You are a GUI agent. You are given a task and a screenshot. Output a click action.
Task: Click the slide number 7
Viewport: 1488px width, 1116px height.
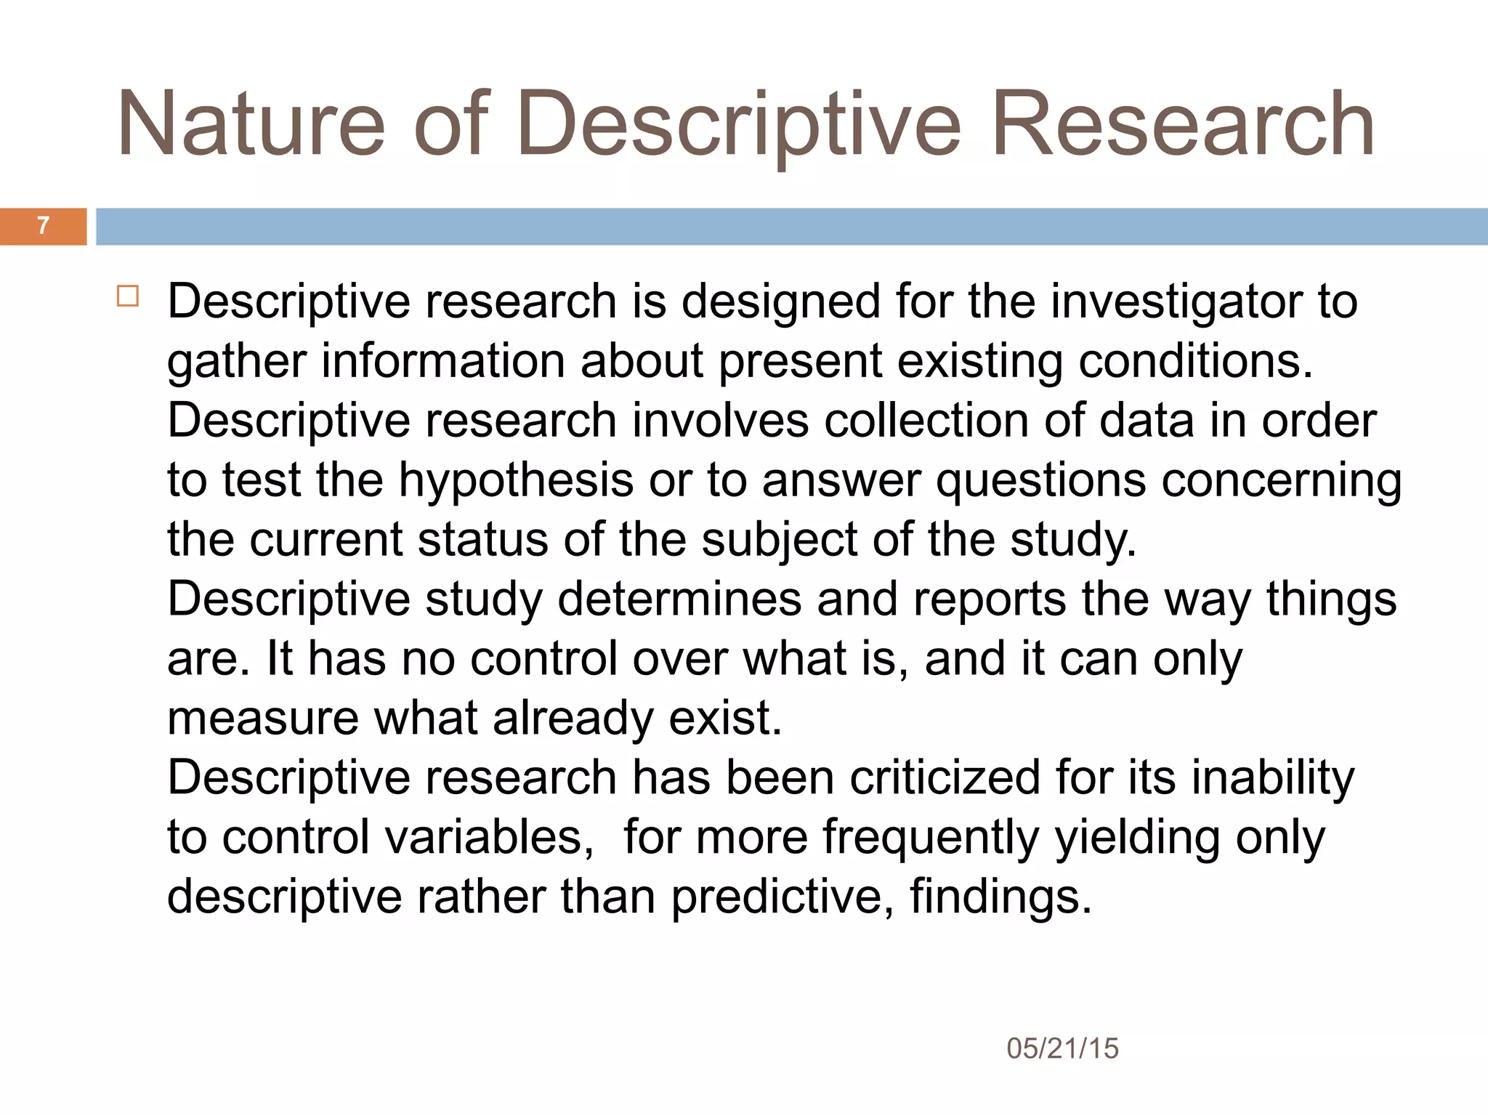tap(43, 226)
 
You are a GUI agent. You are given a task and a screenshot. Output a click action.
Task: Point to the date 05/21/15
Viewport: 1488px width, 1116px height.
tap(1062, 1048)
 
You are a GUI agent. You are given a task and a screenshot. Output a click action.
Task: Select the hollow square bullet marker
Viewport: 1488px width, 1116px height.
tap(127, 296)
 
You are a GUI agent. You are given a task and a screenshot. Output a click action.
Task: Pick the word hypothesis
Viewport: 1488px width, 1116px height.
tap(516, 481)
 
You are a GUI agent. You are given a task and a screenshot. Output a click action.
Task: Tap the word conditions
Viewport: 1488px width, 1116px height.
tap(1195, 361)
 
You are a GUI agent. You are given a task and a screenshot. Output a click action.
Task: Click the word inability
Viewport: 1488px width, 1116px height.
tap(1273, 778)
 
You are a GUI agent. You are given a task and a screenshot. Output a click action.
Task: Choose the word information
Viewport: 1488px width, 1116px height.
tap(443, 361)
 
